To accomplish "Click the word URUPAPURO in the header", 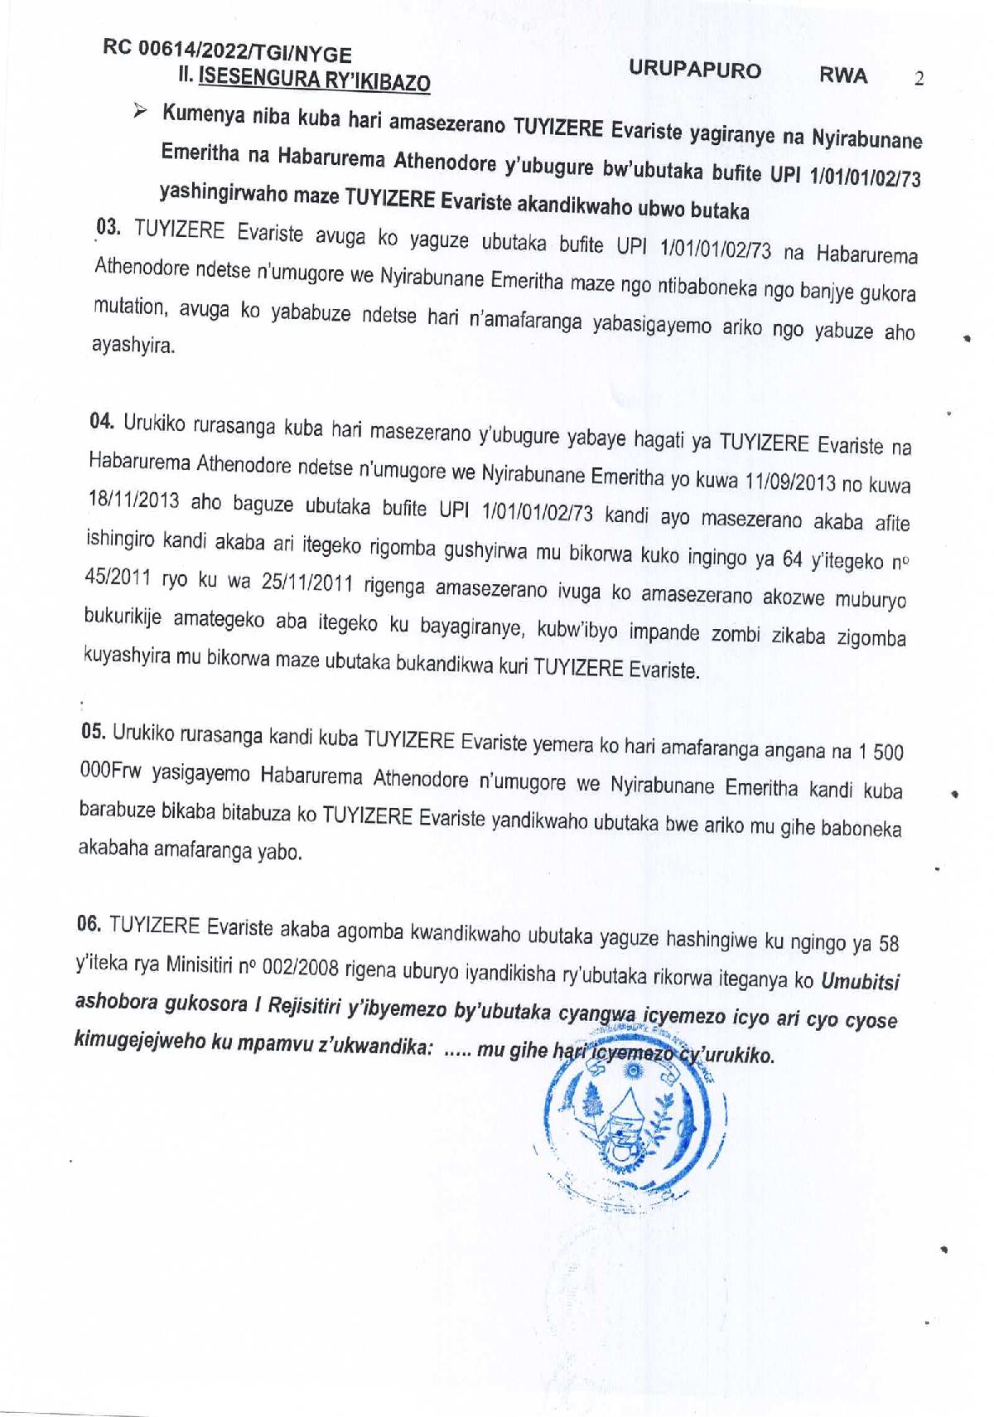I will point(694,70).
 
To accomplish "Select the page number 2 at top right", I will point(918,80).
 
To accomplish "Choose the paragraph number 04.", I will point(102,421).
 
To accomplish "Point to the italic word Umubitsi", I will point(860,982).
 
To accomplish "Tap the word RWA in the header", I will point(843,75).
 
